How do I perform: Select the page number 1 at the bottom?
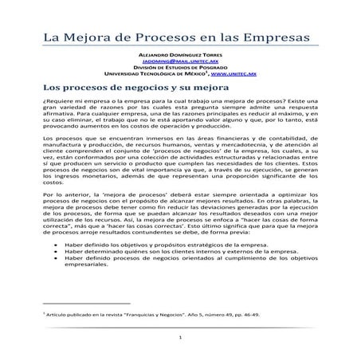point(181,338)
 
